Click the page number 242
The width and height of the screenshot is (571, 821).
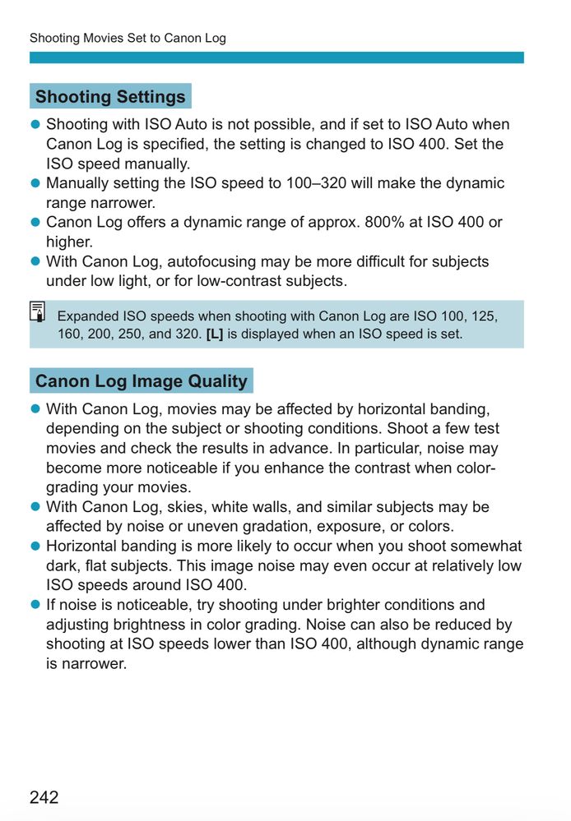(44, 796)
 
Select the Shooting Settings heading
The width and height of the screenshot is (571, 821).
(110, 96)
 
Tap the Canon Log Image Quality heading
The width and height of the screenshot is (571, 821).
(141, 381)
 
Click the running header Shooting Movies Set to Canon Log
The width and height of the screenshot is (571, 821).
(128, 38)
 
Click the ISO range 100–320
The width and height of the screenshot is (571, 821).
(316, 183)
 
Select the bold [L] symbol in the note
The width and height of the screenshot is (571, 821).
(214, 334)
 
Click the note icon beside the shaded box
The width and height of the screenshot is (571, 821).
(38, 312)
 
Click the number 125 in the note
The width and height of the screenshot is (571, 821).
(483, 316)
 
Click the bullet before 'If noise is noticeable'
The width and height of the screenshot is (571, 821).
(35, 605)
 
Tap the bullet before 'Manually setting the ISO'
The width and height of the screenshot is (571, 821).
(35, 183)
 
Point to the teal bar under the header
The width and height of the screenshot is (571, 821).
(276, 58)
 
